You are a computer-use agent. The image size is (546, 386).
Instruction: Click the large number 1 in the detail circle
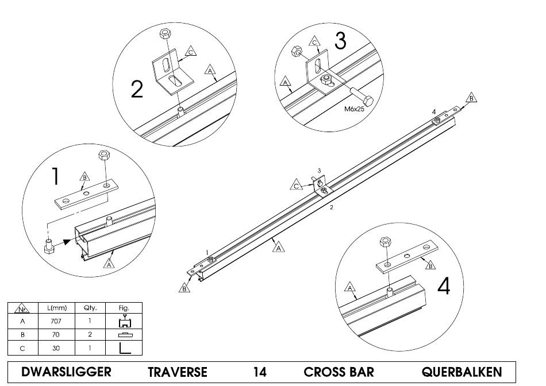(55, 176)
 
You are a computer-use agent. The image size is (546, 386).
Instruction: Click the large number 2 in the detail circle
(137, 89)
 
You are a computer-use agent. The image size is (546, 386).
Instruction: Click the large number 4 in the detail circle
(444, 287)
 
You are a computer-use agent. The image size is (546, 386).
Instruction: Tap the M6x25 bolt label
(354, 109)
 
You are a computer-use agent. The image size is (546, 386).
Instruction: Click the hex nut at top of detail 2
(164, 34)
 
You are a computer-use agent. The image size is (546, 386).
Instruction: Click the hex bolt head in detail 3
(368, 101)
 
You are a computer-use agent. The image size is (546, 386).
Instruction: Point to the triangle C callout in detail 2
(190, 52)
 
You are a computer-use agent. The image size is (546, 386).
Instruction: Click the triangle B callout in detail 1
(84, 177)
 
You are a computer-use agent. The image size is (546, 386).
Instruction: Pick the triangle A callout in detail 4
(349, 287)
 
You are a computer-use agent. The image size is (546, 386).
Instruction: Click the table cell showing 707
(56, 321)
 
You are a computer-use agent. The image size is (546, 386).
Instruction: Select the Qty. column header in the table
(90, 308)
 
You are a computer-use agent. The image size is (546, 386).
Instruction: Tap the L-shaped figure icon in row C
(125, 348)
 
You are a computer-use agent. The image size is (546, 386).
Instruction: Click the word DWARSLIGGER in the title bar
(66, 372)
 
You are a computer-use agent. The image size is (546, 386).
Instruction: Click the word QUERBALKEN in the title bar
(462, 372)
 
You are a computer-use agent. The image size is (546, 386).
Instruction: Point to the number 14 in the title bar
(260, 372)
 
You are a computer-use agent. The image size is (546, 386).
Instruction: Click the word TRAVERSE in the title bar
(177, 372)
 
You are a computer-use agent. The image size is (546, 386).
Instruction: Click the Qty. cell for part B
(90, 334)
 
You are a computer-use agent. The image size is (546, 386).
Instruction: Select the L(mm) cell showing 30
(56, 348)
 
